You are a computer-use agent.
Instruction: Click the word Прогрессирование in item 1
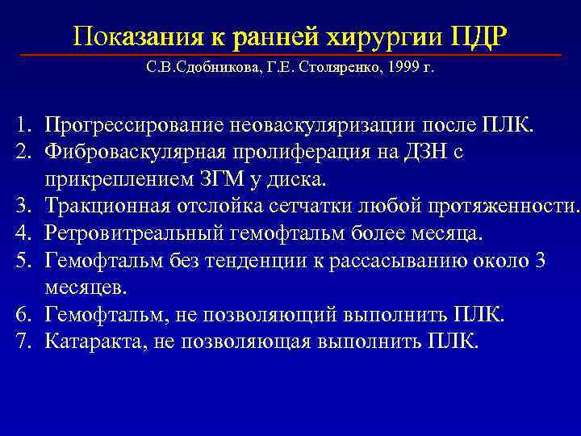point(135,125)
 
